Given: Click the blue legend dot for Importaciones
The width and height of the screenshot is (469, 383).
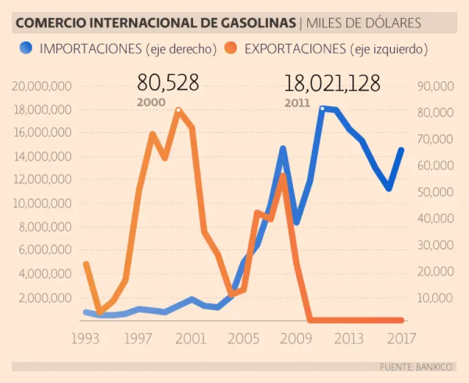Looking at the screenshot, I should click(26, 48).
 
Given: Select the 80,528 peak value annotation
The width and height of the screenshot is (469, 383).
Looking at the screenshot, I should click(168, 82).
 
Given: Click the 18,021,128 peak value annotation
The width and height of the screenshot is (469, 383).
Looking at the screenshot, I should click(332, 83).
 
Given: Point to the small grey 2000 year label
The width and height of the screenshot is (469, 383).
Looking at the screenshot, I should click(151, 102).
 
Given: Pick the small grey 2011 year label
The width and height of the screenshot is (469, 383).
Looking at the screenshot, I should click(297, 103).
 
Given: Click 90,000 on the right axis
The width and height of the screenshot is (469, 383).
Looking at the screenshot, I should click(435, 86).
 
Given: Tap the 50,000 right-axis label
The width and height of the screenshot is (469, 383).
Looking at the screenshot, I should click(435, 192).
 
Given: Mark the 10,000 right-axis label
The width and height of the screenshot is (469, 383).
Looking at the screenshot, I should click(435, 298).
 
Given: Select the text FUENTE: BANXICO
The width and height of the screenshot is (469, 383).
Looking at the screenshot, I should click(416, 367).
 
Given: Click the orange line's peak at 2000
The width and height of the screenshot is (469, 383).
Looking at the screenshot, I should click(178, 110).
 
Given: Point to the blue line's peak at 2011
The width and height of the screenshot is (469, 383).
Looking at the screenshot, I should click(323, 108).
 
